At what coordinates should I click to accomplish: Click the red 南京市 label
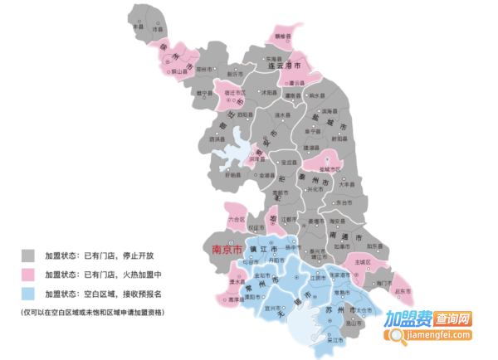tap(226, 248)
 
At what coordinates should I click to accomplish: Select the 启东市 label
tap(403, 291)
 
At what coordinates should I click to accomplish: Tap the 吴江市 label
tap(336, 340)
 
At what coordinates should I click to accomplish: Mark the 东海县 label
tap(274, 59)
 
